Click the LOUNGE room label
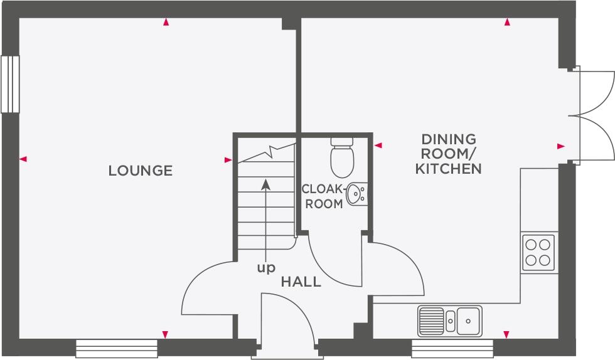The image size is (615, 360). [141, 171]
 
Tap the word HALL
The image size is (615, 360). [301, 282]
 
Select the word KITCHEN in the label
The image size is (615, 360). [449, 169]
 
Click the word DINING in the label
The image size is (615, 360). [449, 139]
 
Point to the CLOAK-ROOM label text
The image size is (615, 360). [324, 196]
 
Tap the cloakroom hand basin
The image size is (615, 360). [356, 193]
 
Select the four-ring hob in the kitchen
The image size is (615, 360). [538, 251]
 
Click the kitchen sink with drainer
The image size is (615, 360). [449, 320]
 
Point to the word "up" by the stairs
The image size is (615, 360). [266, 268]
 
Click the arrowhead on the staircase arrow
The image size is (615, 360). [266, 183]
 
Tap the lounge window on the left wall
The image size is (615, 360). [10, 84]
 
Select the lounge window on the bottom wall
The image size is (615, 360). [117, 348]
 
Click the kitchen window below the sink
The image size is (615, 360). [452, 348]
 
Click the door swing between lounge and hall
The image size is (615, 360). [207, 289]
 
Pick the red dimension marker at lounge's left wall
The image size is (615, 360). [23, 159]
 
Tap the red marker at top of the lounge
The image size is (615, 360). [166, 23]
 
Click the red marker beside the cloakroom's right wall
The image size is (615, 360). [378, 146]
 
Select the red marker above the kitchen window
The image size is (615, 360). [506, 334]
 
